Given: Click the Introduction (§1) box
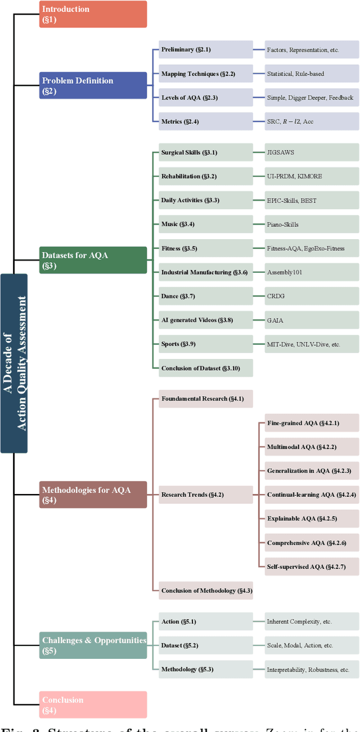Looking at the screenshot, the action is click(93, 14).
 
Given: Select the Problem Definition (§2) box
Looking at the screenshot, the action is click(93, 86).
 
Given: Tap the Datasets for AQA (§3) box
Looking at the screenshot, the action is click(93, 260).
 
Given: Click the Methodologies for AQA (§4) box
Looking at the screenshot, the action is click(93, 495).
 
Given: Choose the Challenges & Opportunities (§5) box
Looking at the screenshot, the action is click(93, 645).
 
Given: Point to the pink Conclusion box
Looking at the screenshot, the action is click(93, 704).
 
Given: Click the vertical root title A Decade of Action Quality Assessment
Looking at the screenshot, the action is click(14, 363).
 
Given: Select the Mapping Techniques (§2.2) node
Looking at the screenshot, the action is click(205, 74).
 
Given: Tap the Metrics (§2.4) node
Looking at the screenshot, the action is click(205, 122).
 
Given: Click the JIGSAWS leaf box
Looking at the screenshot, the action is click(312, 152).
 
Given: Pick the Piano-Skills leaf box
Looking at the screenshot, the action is click(312, 224).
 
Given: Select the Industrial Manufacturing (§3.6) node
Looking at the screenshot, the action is click(205, 272).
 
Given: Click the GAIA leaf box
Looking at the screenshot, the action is click(312, 320).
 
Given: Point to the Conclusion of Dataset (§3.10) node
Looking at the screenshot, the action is click(205, 368).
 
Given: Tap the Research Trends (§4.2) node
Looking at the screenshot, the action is click(205, 495).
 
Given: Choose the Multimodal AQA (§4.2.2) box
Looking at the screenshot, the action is click(312, 447).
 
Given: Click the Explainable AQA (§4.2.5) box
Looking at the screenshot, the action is click(312, 518).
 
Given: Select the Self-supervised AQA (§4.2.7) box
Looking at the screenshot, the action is click(312, 566).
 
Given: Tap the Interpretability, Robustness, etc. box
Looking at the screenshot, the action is click(312, 670).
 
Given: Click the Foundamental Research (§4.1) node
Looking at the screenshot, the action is click(205, 399).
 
